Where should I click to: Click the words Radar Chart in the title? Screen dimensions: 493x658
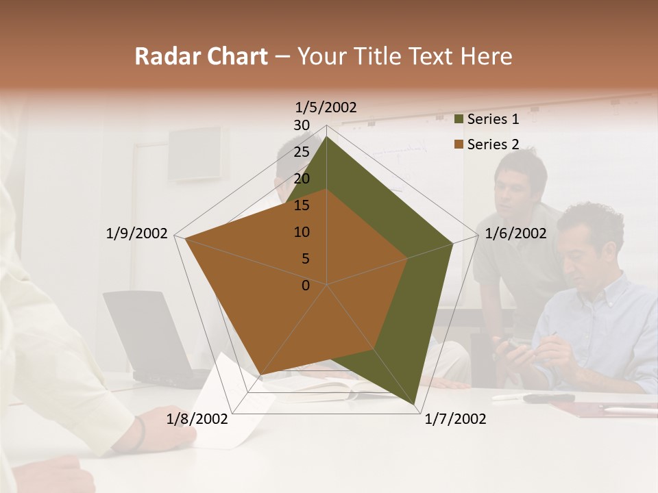click(x=201, y=57)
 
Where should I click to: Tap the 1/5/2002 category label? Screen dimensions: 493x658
click(x=326, y=107)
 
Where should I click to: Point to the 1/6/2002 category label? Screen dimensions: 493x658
click(x=515, y=233)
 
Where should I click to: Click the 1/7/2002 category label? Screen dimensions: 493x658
click(x=455, y=418)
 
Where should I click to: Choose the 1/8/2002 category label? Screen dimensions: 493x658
click(x=197, y=418)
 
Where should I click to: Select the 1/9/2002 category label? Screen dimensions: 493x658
click(x=137, y=233)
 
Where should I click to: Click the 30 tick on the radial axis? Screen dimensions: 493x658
click(x=302, y=125)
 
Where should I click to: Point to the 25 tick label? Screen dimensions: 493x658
click(x=302, y=152)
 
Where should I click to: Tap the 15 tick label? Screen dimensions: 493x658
click(x=302, y=205)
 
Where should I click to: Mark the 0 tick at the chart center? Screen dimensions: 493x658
click(x=306, y=286)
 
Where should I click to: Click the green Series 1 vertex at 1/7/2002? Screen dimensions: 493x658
click(x=415, y=405)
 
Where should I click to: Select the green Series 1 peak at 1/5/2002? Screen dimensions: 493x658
click(x=327, y=136)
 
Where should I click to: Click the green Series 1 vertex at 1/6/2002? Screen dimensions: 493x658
click(x=452, y=243)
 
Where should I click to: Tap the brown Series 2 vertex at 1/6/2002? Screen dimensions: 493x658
click(x=407, y=258)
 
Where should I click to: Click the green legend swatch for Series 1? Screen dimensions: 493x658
click(x=460, y=120)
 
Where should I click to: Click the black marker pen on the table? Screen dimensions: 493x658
click(x=548, y=398)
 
